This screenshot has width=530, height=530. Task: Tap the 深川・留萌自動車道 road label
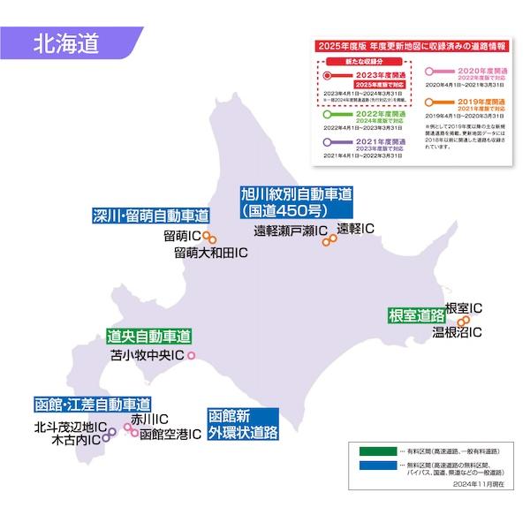152,216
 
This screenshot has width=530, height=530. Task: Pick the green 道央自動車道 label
148,337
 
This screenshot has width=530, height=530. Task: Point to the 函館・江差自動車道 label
92,404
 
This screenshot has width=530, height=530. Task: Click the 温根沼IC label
457,333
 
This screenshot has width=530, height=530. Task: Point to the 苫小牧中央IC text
146,356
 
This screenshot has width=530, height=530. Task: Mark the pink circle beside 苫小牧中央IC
190,356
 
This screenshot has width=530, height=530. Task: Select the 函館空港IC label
170,435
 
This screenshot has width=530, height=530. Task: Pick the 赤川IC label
148,419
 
